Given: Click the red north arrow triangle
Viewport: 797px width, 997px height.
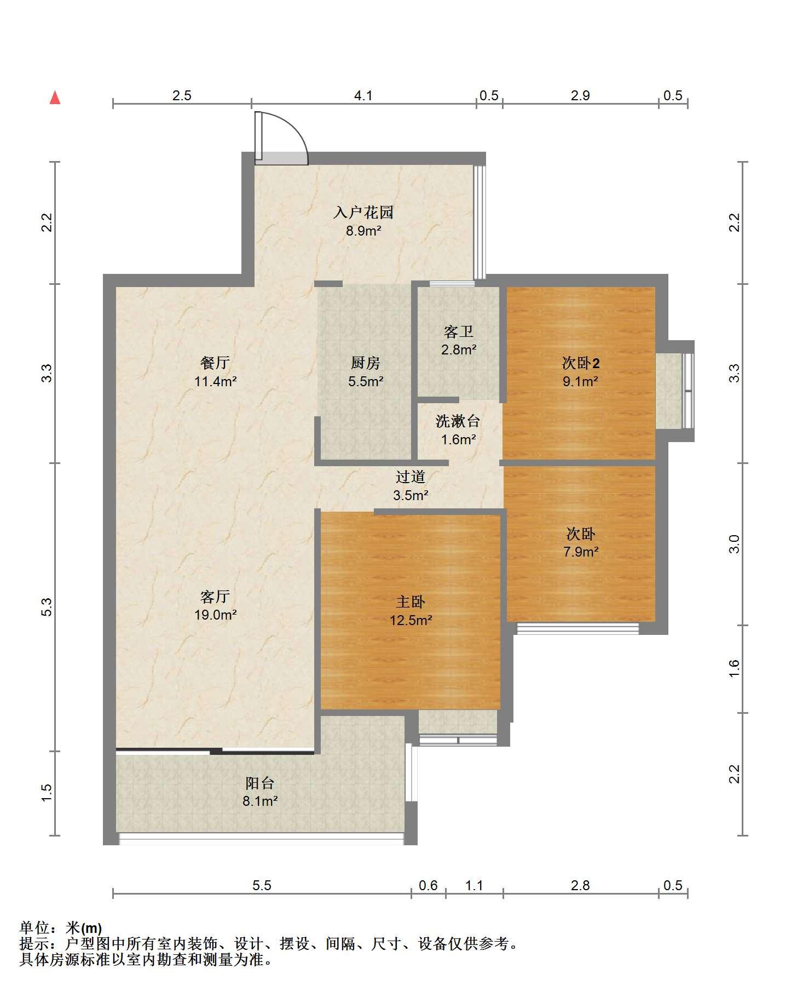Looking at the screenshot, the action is coord(55,98).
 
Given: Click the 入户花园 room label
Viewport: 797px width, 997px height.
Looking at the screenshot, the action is coord(363,213).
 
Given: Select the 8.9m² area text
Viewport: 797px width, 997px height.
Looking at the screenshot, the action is coord(363,231).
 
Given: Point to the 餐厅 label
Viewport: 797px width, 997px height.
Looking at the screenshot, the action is coord(215,363).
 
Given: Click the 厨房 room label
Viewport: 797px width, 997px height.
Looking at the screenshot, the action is coord(365,363).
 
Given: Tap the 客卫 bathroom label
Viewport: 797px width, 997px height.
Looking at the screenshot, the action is coord(459,331).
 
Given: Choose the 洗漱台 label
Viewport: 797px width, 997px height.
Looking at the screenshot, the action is coord(458,421).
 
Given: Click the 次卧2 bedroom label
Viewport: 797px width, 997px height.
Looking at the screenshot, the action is coord(581,363).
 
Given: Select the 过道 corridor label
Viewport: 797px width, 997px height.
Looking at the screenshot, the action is coord(411,477).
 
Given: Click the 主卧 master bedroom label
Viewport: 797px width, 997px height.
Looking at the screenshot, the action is coord(411,601).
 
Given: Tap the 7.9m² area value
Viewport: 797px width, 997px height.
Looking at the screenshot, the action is coord(581,552).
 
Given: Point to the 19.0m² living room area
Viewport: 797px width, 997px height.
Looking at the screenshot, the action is coord(215,615).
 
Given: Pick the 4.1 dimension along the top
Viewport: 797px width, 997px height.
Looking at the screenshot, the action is coord(363,96).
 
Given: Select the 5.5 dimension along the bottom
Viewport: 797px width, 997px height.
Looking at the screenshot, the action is coord(262,886).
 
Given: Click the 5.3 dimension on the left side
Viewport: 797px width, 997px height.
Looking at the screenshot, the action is coord(47,607).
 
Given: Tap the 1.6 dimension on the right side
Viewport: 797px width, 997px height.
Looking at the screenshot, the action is coord(735,668).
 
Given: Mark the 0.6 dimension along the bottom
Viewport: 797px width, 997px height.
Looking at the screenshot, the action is coord(428,886).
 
